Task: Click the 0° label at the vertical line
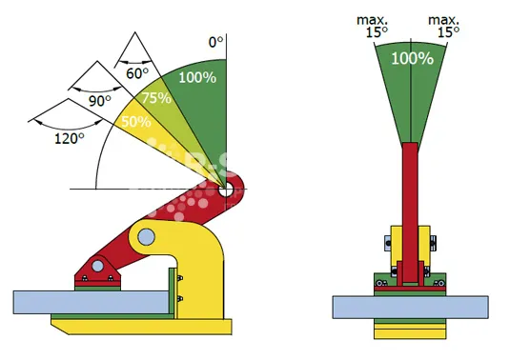(216, 42)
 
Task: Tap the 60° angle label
(137, 73)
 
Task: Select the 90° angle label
(100, 101)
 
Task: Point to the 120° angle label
(69, 139)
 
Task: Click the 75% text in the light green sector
(156, 98)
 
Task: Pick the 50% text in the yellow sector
(136, 122)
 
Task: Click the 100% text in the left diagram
(197, 78)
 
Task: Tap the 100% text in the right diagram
(412, 58)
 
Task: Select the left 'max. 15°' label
(373, 26)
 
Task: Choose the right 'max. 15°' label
(444, 26)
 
